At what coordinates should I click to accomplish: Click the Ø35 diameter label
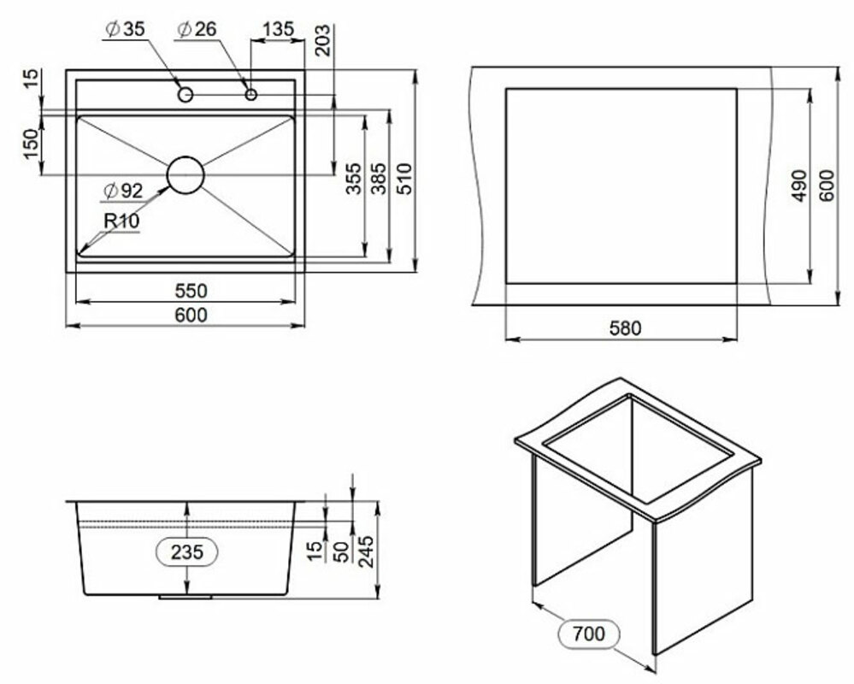(126, 29)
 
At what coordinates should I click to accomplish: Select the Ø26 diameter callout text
(197, 29)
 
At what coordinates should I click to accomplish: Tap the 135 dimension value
(278, 29)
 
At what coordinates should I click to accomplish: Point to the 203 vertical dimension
(322, 39)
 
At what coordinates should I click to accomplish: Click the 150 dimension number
(32, 144)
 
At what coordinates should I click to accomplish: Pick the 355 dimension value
(353, 178)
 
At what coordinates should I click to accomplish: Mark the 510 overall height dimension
(404, 178)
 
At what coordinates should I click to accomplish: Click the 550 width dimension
(191, 291)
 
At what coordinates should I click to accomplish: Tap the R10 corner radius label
(121, 221)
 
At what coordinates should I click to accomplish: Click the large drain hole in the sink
(186, 175)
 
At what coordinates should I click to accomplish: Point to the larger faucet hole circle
(186, 95)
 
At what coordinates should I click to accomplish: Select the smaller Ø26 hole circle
(251, 95)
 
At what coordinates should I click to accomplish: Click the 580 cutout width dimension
(625, 327)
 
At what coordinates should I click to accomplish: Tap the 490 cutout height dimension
(799, 186)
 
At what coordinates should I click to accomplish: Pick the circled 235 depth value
(187, 552)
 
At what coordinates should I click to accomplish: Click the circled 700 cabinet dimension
(589, 634)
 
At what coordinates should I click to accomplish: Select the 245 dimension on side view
(367, 551)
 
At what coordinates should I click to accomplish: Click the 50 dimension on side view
(341, 552)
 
